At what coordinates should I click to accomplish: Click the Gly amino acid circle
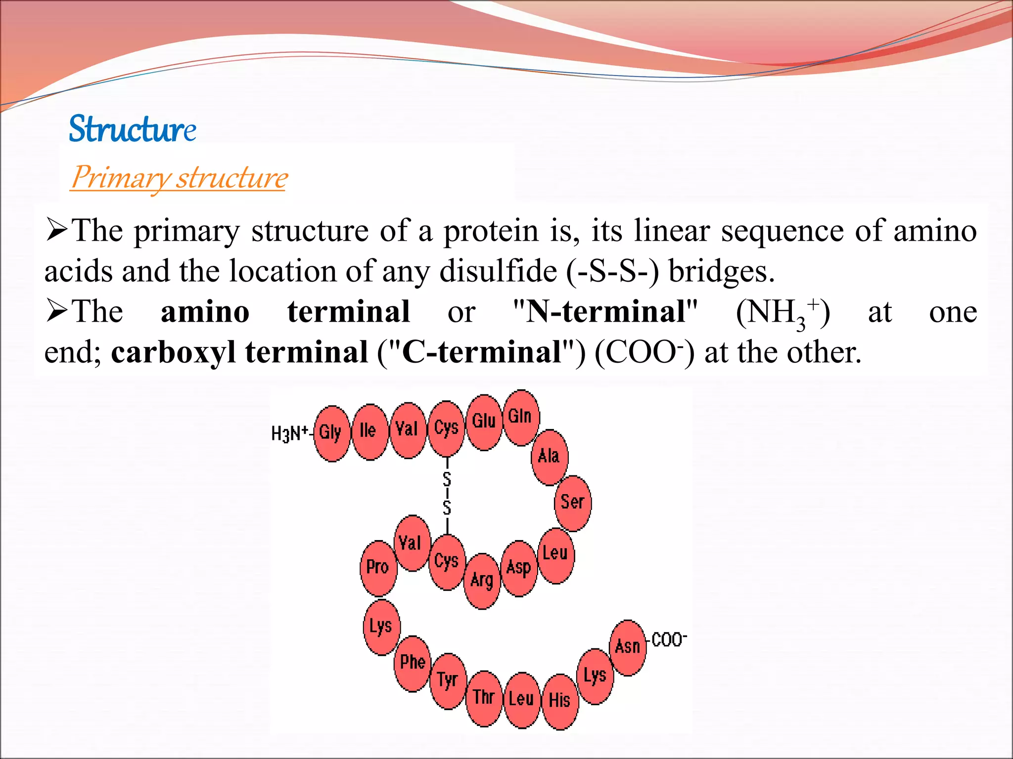(x=332, y=433)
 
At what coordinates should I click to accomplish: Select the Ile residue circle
(x=369, y=431)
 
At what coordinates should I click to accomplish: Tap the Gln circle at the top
(x=521, y=418)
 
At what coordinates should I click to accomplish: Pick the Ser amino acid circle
(x=573, y=503)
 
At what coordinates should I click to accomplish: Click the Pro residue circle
(x=378, y=568)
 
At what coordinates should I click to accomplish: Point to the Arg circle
(x=482, y=581)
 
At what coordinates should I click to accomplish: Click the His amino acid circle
(x=560, y=701)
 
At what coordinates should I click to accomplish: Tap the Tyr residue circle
(x=448, y=681)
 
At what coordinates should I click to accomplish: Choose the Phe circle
(x=413, y=663)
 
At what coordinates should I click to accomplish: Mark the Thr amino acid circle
(x=484, y=698)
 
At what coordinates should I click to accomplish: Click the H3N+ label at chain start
(x=290, y=434)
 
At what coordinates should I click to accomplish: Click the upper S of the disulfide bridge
(x=447, y=479)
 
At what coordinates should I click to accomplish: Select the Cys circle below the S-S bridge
(x=447, y=562)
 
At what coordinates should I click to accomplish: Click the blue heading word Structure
(x=132, y=129)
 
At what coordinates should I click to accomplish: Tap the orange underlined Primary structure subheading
(x=179, y=177)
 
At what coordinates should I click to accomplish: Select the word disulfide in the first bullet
(x=498, y=272)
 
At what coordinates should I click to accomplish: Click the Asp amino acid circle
(x=519, y=568)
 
